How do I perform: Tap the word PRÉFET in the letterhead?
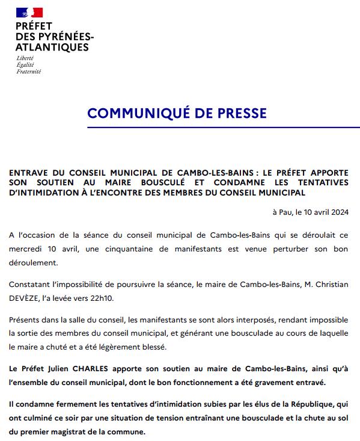point(34,26)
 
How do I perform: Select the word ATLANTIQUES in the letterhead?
point(52,48)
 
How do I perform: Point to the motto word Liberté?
point(25,58)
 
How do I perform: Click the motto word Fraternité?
point(28,71)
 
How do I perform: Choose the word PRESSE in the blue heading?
point(236,113)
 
